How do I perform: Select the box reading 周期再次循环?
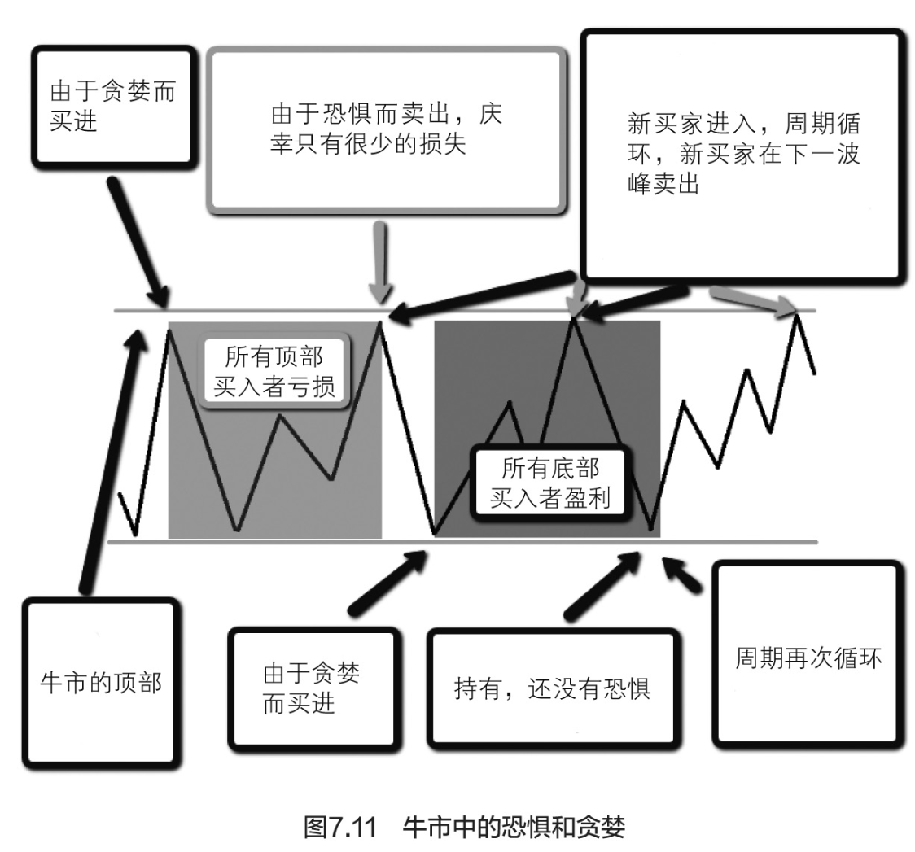[x=808, y=656]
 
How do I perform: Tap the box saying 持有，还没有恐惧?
[x=552, y=688]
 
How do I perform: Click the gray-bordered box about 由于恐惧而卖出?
[x=385, y=131]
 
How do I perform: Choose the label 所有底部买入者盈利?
[x=550, y=482]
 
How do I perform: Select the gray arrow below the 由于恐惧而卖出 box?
[x=380, y=260]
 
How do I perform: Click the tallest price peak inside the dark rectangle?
[x=575, y=319]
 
